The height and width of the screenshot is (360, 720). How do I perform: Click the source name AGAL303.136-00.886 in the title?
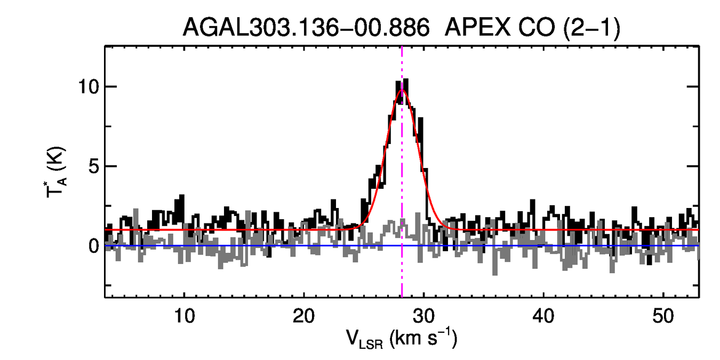click(x=306, y=27)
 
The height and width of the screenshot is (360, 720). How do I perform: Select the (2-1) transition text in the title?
click(x=587, y=27)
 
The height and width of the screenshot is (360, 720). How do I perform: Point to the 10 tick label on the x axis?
click(x=184, y=315)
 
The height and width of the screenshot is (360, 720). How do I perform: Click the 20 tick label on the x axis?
click(x=303, y=315)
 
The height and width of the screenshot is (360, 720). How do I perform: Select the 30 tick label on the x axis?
click(x=423, y=315)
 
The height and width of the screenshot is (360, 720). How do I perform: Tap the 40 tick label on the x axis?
click(x=543, y=315)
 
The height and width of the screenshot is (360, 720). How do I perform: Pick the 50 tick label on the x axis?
click(x=663, y=315)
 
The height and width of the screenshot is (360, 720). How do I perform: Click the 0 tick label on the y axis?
click(x=94, y=246)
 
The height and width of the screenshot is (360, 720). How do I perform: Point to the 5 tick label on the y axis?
click(x=94, y=166)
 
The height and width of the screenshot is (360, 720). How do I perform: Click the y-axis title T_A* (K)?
click(x=57, y=171)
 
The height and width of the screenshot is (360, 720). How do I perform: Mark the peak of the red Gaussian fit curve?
click(x=402, y=90)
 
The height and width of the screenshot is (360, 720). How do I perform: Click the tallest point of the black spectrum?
click(x=406, y=80)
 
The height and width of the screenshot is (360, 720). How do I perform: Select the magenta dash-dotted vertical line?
click(x=402, y=267)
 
